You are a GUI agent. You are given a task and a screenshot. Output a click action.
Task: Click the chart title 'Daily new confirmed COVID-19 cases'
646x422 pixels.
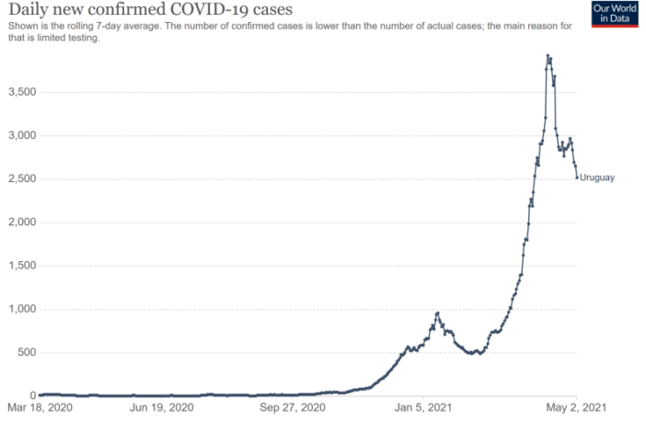coord(150,10)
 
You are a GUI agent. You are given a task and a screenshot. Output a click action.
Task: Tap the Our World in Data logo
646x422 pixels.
coord(613,13)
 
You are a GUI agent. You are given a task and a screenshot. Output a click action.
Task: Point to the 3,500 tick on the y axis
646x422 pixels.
coord(20,92)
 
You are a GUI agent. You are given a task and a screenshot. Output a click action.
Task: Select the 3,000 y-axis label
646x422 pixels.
coord(20,135)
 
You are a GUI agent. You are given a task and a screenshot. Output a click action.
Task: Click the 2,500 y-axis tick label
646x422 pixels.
coord(20,179)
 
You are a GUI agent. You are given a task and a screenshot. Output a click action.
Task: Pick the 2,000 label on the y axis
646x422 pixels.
coord(20,222)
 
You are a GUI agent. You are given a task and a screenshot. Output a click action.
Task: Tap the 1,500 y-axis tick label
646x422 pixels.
coord(20,266)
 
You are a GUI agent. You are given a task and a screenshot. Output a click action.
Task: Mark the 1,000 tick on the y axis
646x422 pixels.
coord(20,309)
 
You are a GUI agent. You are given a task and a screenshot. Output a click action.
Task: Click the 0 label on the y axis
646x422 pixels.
coord(31,396)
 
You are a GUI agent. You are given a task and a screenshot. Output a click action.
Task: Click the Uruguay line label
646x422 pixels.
coord(596,177)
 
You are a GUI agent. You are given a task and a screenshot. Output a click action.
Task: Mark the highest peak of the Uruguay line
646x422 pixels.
coord(548,55)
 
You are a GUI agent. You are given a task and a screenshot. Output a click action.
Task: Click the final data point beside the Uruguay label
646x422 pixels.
coord(577,177)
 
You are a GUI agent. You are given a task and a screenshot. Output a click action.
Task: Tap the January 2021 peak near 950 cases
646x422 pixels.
coord(437,314)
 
